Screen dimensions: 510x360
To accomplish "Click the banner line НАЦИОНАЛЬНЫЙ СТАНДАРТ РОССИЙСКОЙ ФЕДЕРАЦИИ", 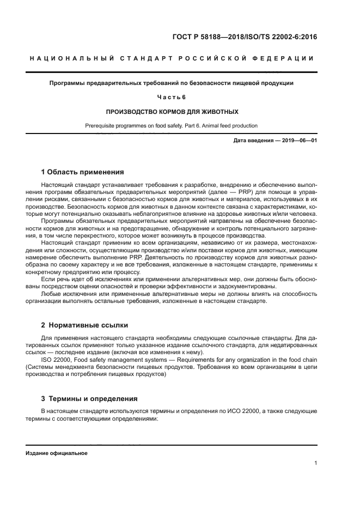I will (171, 58).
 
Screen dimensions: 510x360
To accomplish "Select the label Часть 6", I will (171, 97).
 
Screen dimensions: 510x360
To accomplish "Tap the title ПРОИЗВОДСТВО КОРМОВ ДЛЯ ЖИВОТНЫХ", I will (171, 111).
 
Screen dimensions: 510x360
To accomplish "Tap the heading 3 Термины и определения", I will (86, 398).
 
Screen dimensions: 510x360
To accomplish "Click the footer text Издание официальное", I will (56, 453).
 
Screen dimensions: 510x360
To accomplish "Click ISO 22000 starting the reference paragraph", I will (56, 360).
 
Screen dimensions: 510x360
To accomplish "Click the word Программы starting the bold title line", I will (64, 83).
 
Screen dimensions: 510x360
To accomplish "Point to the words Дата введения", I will (252, 141).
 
